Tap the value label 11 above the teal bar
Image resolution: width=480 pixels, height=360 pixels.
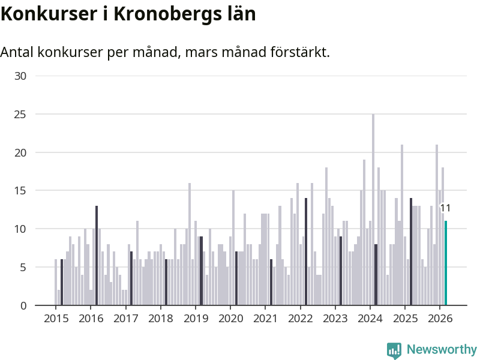(445, 208)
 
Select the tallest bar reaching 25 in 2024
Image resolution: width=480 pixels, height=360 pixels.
(373, 209)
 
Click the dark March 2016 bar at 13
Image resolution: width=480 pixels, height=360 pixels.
(97, 256)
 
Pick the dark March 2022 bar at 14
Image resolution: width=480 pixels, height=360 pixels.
(306, 251)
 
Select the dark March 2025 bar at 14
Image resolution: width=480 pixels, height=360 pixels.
(411, 251)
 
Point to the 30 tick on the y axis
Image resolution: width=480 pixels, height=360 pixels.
(20, 76)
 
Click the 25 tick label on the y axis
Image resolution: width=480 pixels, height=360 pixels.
(20, 114)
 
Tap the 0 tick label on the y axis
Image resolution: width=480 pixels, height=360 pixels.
(23, 305)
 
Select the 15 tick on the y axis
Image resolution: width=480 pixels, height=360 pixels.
(20, 191)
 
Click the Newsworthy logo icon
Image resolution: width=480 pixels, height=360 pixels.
(394, 350)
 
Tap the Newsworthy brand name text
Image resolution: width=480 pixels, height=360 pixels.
(442, 349)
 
